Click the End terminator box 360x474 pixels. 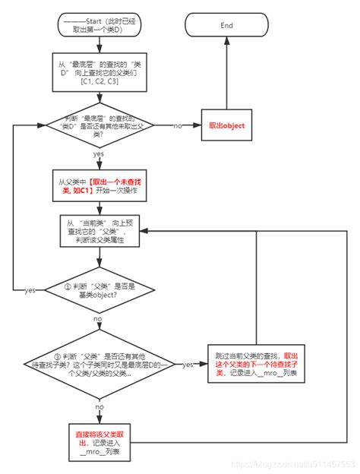coord(227,25)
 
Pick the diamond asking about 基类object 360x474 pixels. coord(99,289)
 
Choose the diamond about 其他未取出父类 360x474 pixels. coord(99,125)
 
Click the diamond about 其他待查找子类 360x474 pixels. coord(99,365)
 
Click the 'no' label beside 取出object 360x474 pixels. coord(178,125)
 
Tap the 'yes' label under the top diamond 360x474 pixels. coord(99,154)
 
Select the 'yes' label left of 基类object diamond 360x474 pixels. coord(30,290)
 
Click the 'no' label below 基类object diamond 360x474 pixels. coord(98,321)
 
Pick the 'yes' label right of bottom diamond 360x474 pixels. coord(187,365)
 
